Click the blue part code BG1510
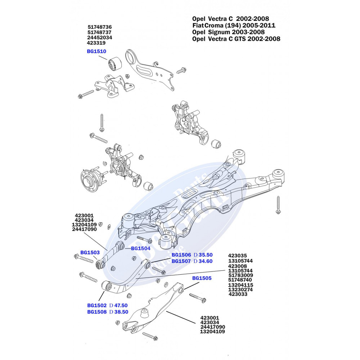point(96,51)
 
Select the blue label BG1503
point(90,252)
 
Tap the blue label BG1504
point(140,248)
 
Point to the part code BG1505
point(202,278)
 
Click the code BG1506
point(181,255)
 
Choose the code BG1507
point(181,261)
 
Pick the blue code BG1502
point(97,306)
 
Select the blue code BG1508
point(97,312)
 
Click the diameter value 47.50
point(121,306)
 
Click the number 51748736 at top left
point(100,27)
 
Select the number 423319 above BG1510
point(96,43)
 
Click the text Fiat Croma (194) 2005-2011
point(234,25)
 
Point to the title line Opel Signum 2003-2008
point(229,32)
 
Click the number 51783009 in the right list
point(240,275)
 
